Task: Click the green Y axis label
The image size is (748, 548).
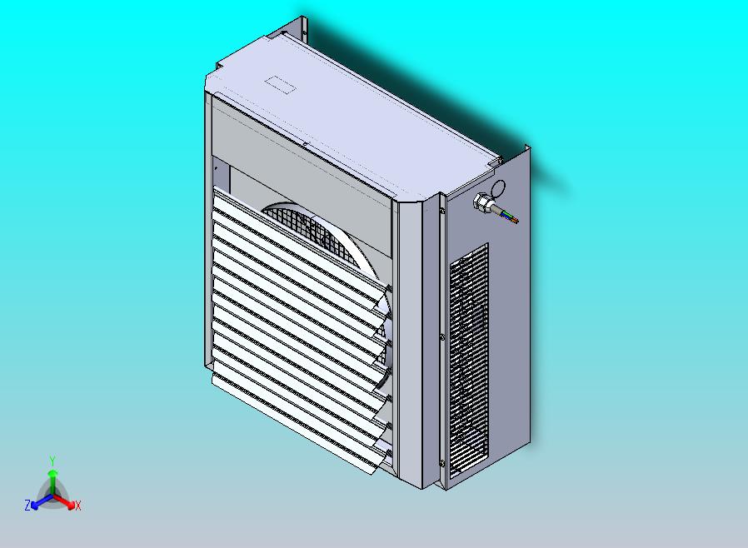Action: (x=52, y=461)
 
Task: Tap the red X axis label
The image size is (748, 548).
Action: (x=77, y=506)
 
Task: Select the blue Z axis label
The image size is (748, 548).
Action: (x=27, y=505)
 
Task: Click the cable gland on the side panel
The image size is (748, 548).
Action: (x=482, y=202)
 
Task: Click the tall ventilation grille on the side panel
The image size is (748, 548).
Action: (x=468, y=358)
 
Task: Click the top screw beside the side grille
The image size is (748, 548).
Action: (x=442, y=211)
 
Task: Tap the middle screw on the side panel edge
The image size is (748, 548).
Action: (x=441, y=337)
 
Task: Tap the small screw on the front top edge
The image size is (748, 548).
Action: (x=305, y=144)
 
